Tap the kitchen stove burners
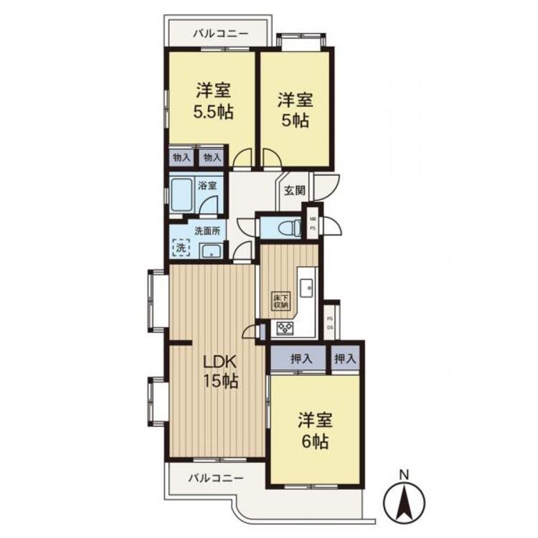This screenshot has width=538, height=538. pyautogui.click(x=285, y=329)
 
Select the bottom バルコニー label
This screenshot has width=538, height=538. pyautogui.click(x=216, y=477)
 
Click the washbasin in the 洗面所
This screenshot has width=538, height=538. pyautogui.click(x=212, y=250)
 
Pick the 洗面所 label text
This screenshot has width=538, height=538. pyautogui.click(x=205, y=231)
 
